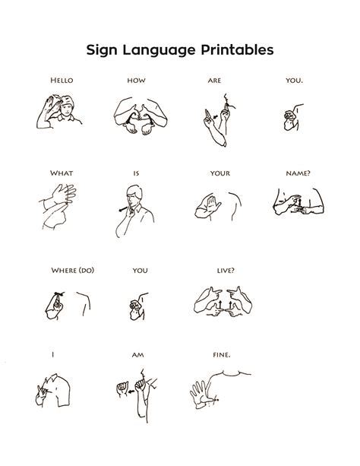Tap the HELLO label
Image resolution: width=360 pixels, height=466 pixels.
(x=62, y=80)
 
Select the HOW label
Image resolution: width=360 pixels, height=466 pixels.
(x=137, y=80)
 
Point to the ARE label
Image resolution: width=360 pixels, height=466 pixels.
(x=214, y=80)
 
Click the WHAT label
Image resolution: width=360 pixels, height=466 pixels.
(x=62, y=173)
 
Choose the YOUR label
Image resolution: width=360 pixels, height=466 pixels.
(x=220, y=173)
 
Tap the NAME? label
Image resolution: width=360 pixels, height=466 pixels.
(x=298, y=173)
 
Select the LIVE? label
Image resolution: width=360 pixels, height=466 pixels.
(x=226, y=270)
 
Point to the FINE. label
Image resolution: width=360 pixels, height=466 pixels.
(x=222, y=354)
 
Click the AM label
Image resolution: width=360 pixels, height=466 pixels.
(x=137, y=354)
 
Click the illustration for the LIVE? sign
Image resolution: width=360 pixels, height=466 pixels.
(x=223, y=300)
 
